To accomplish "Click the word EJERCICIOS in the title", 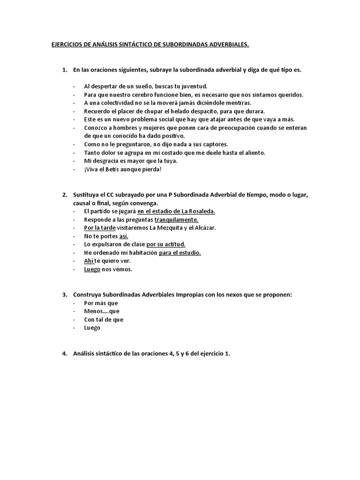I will coord(67,45).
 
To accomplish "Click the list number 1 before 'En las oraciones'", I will coord(64,70).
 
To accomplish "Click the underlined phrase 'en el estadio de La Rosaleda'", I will coord(176,211).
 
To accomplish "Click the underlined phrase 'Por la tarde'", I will coord(99,228).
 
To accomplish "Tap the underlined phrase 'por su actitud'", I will coord(166,244).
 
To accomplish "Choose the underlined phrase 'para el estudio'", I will coord(180,253).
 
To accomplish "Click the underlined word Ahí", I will coord(89,261).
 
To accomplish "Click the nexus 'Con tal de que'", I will coord(104,320).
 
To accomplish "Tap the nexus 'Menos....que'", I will coord(102,311).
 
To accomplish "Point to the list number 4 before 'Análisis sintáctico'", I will coord(64,354).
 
